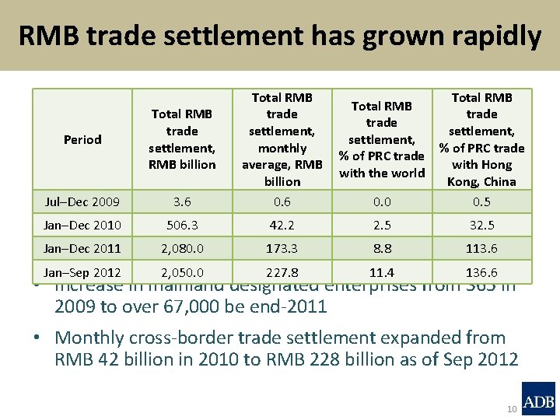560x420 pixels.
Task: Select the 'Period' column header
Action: tap(82, 139)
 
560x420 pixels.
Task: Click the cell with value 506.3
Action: tap(182, 226)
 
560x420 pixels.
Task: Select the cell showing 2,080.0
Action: tap(182, 249)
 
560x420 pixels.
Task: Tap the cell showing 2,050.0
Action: tap(182, 272)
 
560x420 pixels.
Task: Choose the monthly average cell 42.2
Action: tap(282, 226)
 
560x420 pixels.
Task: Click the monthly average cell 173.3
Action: tap(282, 249)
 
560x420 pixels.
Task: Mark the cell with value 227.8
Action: tap(282, 272)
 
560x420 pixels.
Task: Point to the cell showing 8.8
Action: tap(382, 249)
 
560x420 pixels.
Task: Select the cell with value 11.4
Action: tap(382, 272)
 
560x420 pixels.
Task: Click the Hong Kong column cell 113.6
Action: tap(481, 249)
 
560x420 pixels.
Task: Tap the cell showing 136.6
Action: tap(481, 272)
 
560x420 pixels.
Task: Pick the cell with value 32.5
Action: tap(481, 226)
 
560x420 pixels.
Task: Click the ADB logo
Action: tap(538, 398)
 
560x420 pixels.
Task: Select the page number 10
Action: tap(512, 409)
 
